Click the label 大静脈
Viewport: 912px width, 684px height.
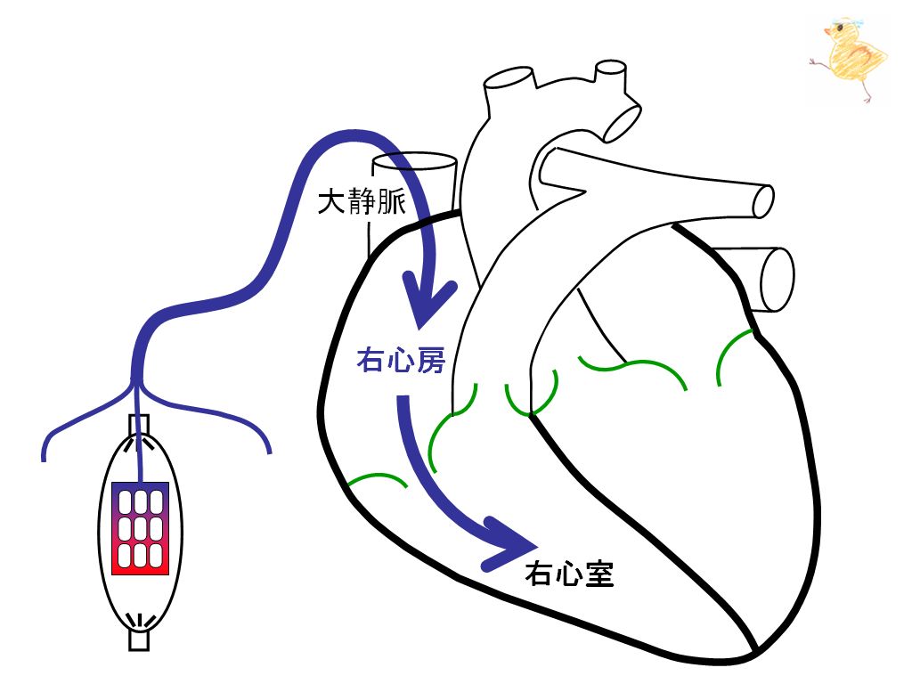tap(362, 202)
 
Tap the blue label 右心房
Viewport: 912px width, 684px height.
tap(401, 360)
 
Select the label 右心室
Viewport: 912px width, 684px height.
tap(569, 574)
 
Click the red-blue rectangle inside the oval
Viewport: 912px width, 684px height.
tap(140, 528)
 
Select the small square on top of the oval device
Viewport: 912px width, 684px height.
tap(139, 425)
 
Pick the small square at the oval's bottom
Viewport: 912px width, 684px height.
tap(139, 639)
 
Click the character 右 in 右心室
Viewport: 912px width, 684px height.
tap(539, 574)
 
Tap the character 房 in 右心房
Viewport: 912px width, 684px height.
tap(431, 360)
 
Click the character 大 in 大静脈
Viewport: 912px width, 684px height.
tap(331, 202)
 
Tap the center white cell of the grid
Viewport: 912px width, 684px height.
tap(140, 528)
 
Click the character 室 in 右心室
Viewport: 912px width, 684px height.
tap(599, 574)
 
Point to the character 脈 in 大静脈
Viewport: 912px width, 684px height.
tap(392, 202)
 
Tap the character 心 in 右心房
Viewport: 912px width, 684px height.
tap(401, 360)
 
